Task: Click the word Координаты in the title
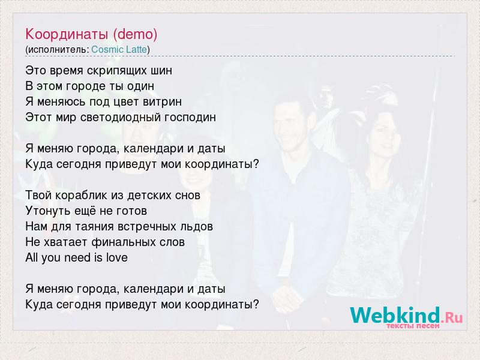coord(67,34)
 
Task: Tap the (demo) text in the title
coord(135,34)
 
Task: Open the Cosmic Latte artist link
coord(119,50)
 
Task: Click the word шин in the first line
coord(161,71)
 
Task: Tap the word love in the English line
coord(116,258)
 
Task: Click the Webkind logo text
coord(395,315)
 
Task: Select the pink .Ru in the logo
coord(452,318)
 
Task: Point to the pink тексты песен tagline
coord(413,326)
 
